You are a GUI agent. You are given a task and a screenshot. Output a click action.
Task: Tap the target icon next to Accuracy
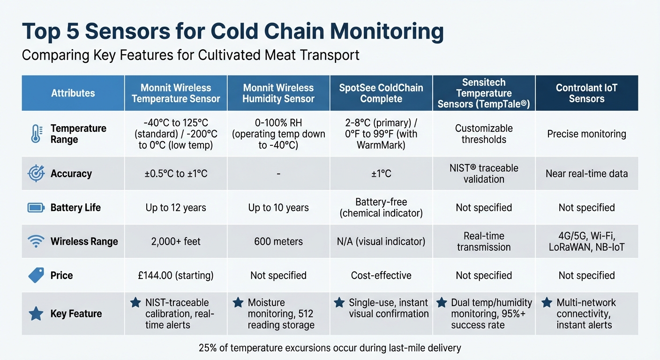36,173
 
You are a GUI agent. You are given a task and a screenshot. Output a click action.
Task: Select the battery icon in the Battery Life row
36,208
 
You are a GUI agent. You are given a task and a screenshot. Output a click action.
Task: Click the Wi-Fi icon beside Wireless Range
36,241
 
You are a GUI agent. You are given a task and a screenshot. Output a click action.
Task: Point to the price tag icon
36,275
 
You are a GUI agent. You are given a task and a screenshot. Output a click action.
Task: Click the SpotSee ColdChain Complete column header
381,93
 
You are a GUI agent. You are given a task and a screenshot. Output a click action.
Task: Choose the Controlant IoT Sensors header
586,93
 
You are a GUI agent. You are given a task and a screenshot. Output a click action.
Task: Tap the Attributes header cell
73,93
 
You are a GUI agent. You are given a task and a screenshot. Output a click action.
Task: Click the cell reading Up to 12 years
176,208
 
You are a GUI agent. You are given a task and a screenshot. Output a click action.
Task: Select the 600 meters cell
278,241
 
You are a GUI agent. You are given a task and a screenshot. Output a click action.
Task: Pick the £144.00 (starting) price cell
176,275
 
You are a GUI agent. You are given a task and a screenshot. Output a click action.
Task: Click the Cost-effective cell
381,275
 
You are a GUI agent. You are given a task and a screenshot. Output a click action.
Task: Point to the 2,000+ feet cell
176,241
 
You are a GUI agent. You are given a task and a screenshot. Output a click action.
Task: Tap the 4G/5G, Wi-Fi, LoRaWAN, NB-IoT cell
586,241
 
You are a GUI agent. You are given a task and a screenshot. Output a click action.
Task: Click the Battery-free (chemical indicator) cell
381,208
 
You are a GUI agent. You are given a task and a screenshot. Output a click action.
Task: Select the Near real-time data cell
586,173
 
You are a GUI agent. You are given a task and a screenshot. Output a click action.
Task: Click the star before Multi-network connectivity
547,303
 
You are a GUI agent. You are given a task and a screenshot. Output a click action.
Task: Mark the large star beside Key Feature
36,314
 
